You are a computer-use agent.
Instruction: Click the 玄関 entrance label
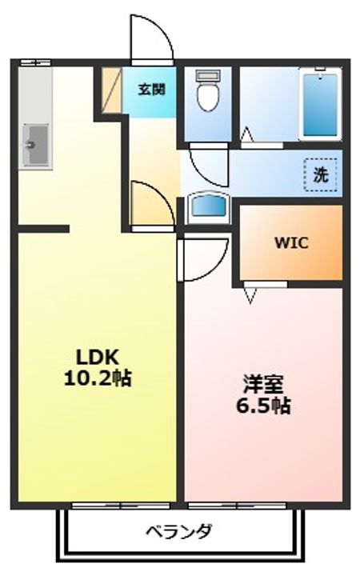tap(151, 89)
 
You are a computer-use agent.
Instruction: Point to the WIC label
tap(292, 242)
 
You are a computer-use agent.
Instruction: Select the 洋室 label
tap(263, 385)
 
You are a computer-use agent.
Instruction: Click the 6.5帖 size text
tap(263, 406)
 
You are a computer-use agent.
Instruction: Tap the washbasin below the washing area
tap(208, 208)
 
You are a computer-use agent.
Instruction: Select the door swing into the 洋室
tap(200, 256)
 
